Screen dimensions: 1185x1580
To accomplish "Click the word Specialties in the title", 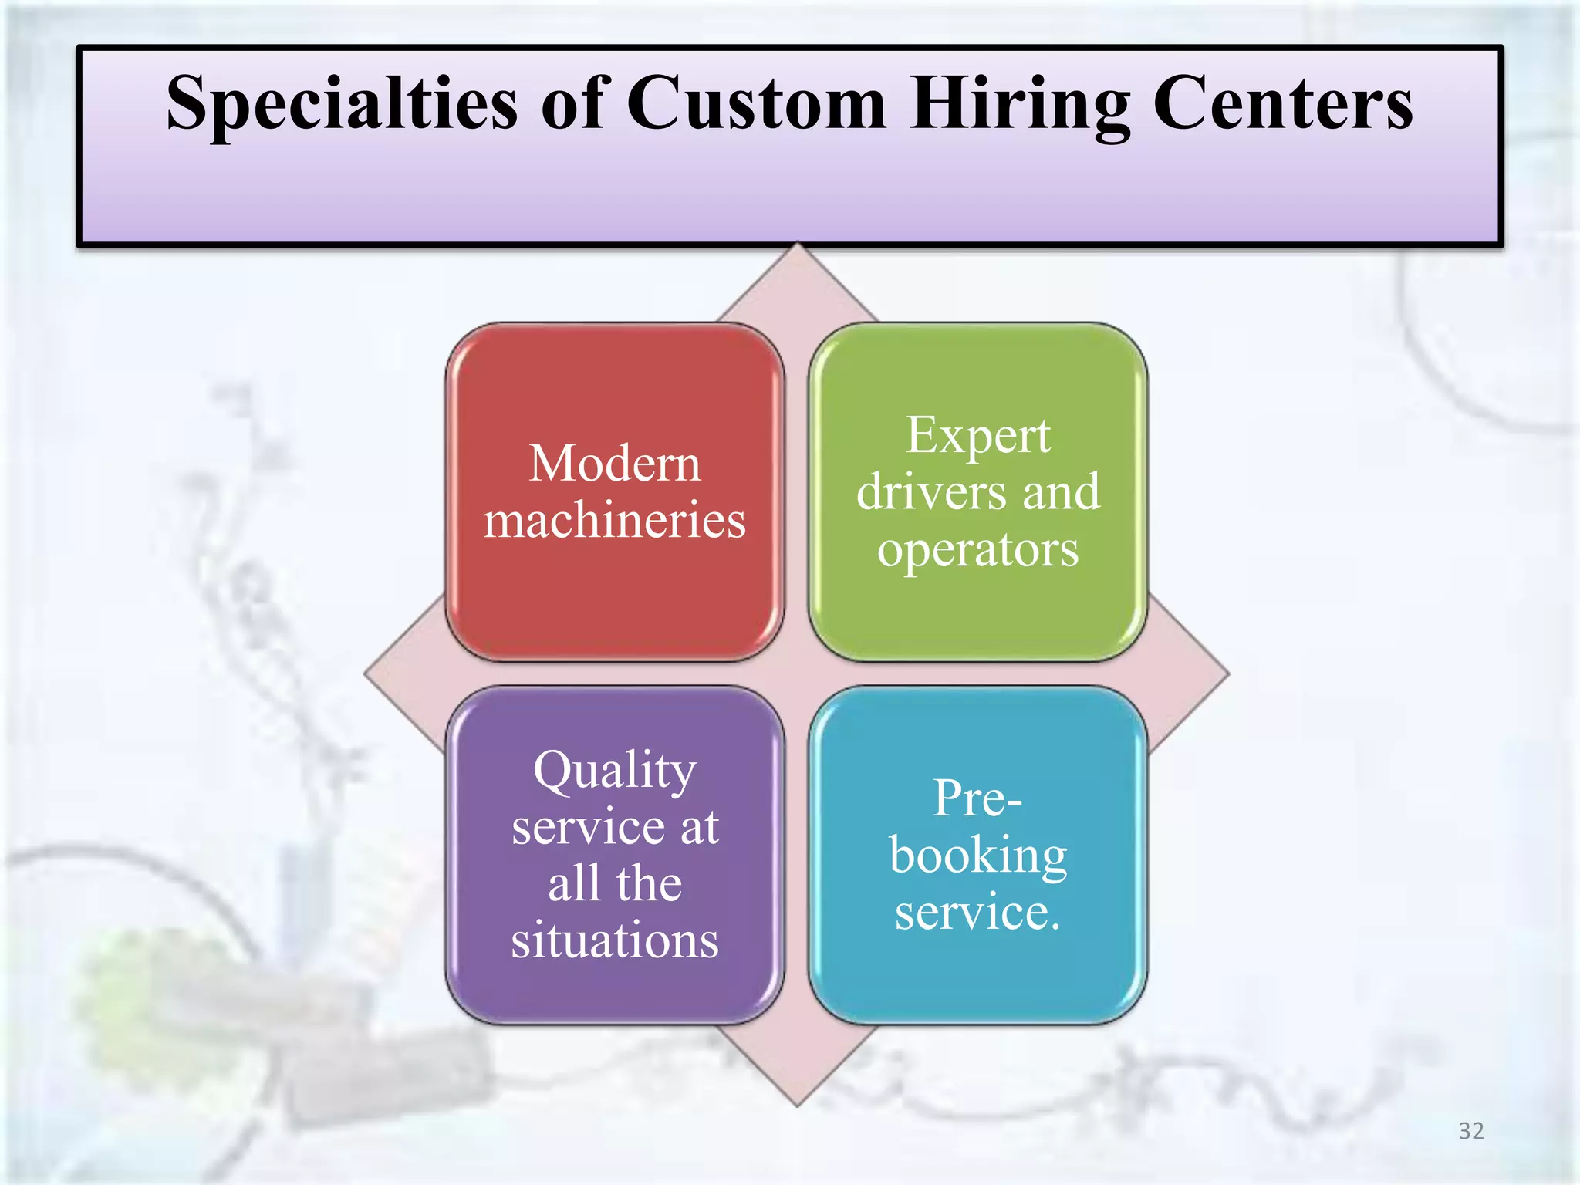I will coord(342,104).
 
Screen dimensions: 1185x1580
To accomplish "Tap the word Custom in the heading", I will coord(756,104).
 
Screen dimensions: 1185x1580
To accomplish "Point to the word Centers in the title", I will coord(1282,104).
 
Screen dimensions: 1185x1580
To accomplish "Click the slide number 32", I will coord(1470,1131).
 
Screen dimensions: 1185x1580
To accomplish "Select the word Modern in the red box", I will coord(615,464).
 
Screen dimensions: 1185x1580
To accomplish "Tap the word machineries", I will coord(615,520).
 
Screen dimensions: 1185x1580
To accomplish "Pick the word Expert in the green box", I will coord(977,436).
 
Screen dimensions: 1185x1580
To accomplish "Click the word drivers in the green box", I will coord(931,492).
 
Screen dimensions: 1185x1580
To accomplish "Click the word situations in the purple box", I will coord(615,940).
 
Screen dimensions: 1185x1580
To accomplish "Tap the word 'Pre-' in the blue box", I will coord(977,798).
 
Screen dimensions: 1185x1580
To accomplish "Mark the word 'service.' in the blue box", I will coord(977,913).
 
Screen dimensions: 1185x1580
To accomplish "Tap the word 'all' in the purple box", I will coord(573,884).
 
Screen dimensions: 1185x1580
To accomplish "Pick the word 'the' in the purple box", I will coord(649,884).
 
